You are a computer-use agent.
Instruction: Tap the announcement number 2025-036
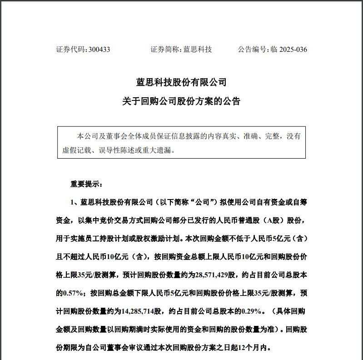point(293,50)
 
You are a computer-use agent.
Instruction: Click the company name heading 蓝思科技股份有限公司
point(181,83)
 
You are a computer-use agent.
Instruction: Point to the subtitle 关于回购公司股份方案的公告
point(181,101)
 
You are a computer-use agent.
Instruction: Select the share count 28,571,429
point(213,275)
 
